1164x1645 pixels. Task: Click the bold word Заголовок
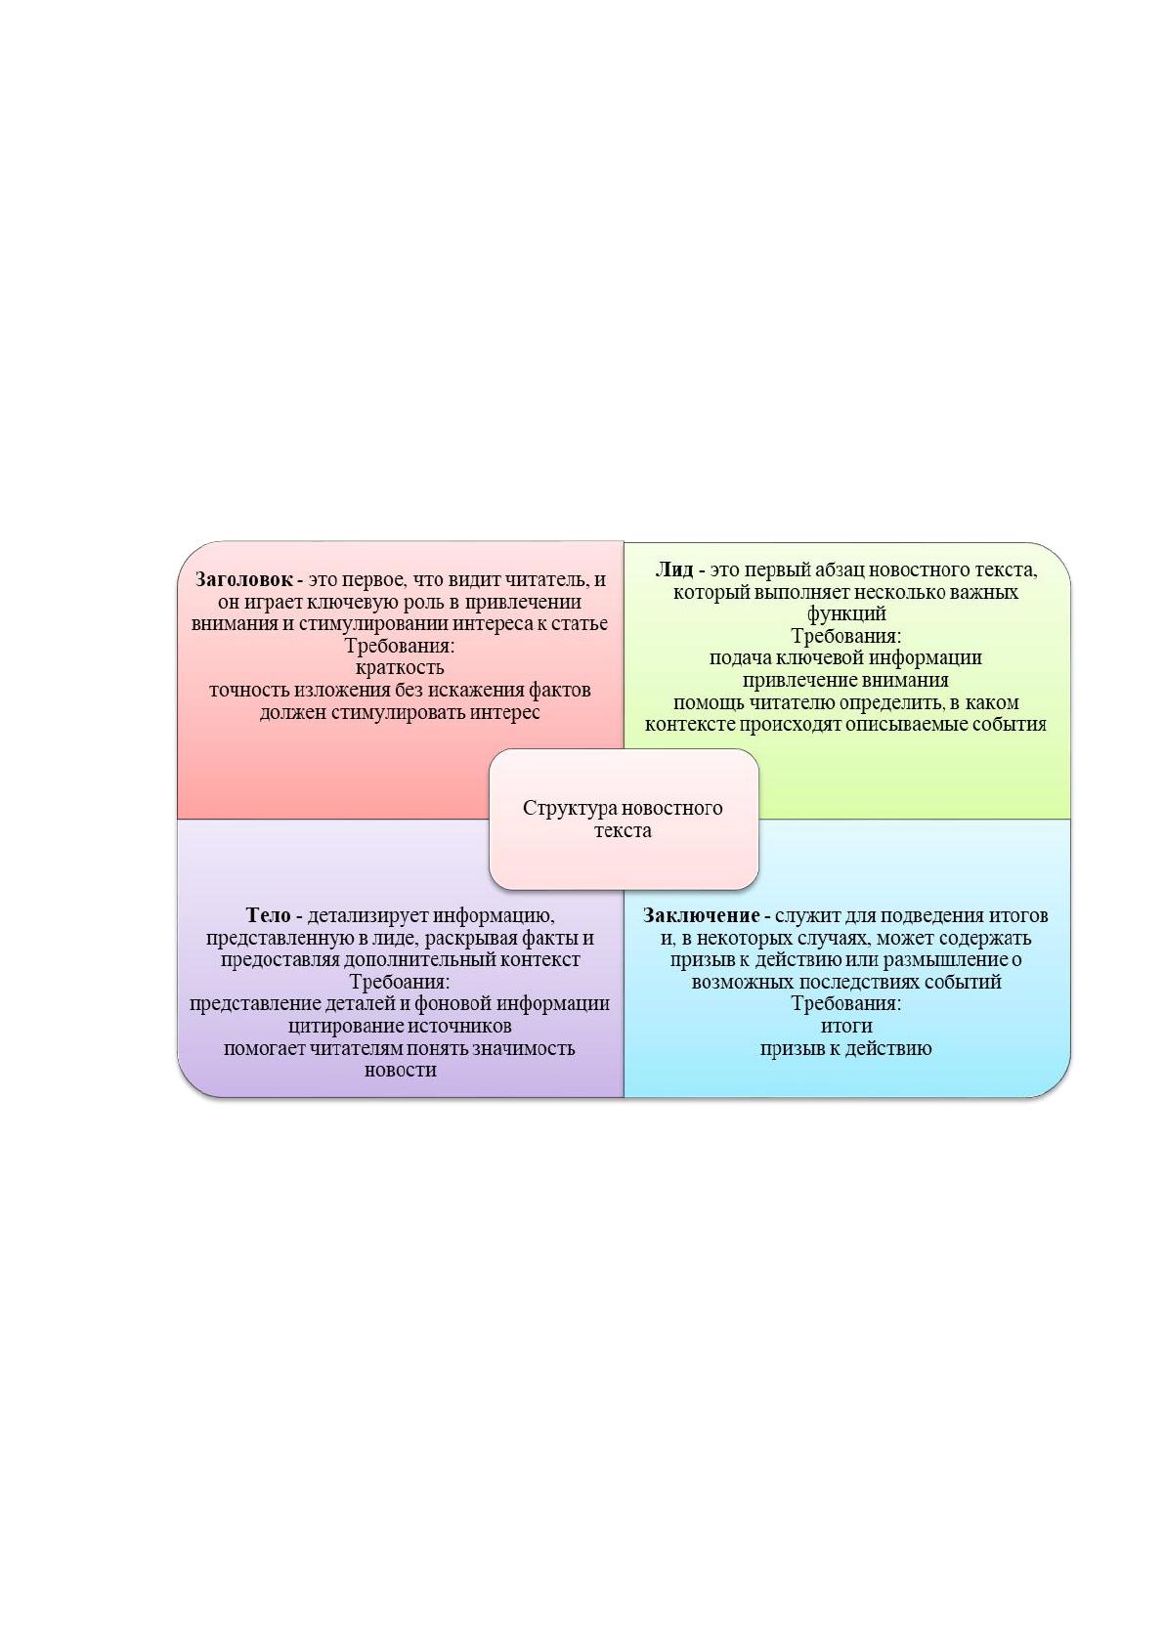(x=244, y=579)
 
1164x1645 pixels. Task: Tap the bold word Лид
(x=673, y=569)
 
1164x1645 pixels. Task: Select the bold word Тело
(x=268, y=915)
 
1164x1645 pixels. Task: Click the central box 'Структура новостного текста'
(x=624, y=819)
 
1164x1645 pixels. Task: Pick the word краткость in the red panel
(x=400, y=668)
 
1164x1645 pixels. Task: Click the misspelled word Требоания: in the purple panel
(x=400, y=982)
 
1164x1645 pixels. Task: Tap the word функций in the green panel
(x=845, y=614)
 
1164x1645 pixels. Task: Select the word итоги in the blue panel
(x=846, y=1026)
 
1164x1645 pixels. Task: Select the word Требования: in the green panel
(x=845, y=636)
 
